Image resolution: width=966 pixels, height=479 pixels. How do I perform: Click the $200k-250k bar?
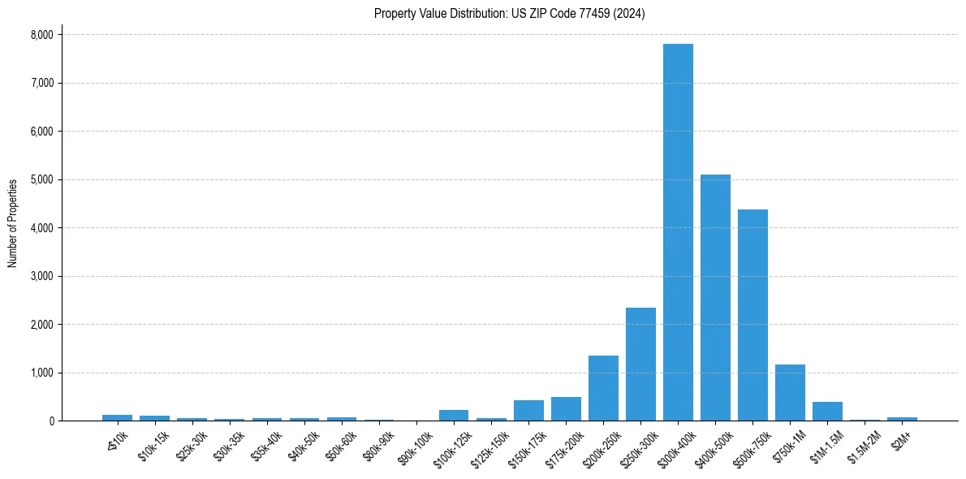click(603, 388)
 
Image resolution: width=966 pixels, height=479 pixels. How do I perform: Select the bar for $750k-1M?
click(790, 393)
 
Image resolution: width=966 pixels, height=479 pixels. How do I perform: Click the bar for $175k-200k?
click(566, 409)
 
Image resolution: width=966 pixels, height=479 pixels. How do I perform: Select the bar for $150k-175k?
click(528, 411)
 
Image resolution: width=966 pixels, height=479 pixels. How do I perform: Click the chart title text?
click(510, 14)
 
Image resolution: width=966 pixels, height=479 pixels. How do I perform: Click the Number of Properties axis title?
click(13, 223)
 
